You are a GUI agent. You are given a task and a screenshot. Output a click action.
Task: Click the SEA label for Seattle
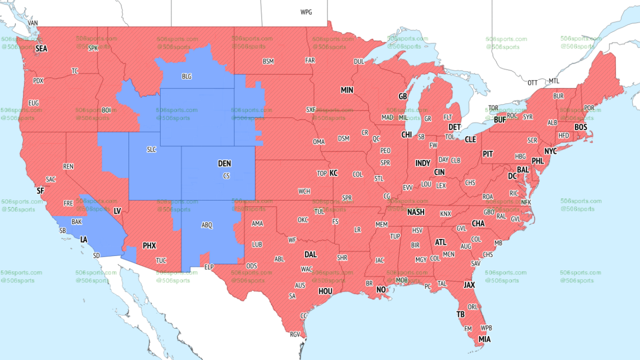coord(42,49)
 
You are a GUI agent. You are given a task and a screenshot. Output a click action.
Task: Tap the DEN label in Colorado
coord(225,164)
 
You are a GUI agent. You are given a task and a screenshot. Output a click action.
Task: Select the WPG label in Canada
coord(306,12)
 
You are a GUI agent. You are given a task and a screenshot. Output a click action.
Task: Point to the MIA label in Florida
coord(484,339)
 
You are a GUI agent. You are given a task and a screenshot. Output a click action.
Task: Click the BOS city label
coord(580,127)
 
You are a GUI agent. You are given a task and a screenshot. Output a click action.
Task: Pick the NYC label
coord(550,151)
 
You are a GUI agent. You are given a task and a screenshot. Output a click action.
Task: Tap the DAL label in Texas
coord(310,254)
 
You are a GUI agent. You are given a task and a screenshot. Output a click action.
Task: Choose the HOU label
coord(325,291)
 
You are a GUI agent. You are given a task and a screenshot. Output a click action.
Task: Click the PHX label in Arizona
coord(149,246)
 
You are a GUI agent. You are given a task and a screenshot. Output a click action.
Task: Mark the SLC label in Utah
coord(151,150)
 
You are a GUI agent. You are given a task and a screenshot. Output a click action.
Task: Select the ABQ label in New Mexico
coord(207,226)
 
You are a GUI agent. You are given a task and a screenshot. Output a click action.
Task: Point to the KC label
coord(333,173)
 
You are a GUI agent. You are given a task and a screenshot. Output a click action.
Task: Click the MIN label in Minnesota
coord(347,90)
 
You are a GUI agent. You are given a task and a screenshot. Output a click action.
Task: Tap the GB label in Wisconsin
coord(403,97)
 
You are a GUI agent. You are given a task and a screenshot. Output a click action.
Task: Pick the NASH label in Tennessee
coord(415,212)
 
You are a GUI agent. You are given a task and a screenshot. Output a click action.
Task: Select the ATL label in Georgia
coord(441,242)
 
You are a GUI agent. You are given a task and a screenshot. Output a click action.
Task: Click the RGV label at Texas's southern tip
coord(295,334)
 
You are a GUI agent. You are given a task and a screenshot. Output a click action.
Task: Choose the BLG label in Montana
coord(186,77)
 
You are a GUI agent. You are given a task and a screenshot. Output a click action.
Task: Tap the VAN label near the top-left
coord(33,23)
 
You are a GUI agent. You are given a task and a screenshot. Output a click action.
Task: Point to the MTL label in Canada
coord(554,81)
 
